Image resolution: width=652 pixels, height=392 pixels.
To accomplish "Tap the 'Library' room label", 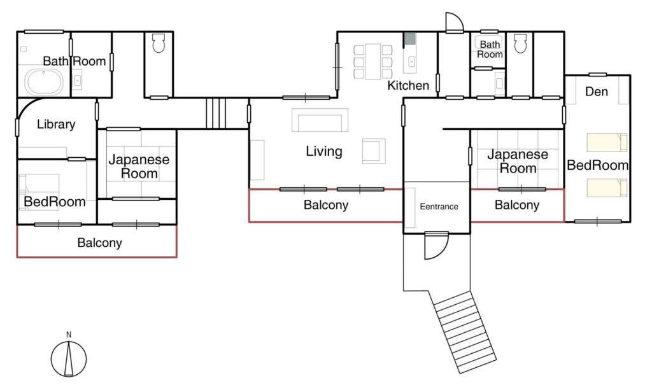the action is click(x=56, y=124).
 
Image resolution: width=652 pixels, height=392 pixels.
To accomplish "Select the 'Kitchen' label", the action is click(x=408, y=85).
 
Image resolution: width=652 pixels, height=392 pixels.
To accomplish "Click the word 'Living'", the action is click(x=324, y=151).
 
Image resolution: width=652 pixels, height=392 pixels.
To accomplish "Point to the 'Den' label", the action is click(x=596, y=92).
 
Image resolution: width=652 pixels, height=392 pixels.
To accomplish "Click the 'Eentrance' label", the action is click(x=439, y=207).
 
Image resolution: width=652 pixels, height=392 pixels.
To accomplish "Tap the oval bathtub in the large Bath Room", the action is click(x=44, y=82).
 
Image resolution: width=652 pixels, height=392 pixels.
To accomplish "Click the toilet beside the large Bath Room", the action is click(x=159, y=43).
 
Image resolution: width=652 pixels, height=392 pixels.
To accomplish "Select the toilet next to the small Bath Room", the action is click(x=520, y=43).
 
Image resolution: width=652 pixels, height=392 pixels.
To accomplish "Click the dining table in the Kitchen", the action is click(x=373, y=61).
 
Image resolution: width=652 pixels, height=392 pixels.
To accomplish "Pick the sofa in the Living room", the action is click(x=320, y=120).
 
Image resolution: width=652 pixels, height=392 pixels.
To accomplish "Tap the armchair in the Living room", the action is click(x=373, y=151).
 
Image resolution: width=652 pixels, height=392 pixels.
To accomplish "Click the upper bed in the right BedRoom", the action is click(x=607, y=143).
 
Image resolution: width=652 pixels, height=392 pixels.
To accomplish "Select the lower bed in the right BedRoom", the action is click(x=607, y=188).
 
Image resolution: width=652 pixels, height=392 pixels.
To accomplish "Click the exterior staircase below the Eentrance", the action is click(x=465, y=332).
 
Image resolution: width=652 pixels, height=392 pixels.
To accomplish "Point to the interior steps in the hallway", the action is click(x=216, y=113).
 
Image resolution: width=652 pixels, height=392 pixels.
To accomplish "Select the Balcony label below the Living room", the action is click(x=326, y=205).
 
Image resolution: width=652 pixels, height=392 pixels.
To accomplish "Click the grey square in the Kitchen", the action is click(x=410, y=39).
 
